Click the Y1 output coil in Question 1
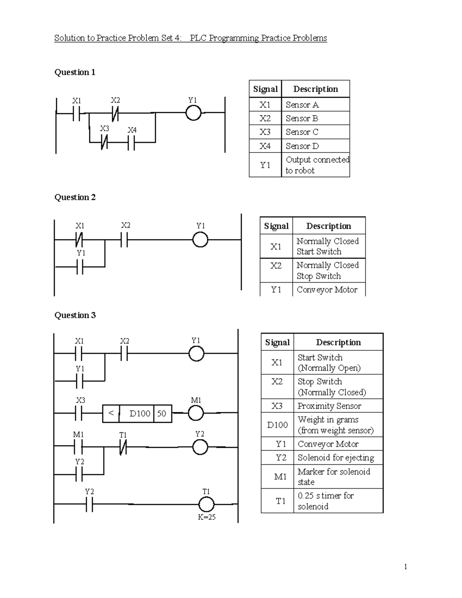click(193, 113)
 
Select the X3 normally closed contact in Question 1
click(104, 143)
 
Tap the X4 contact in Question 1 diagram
click(131, 143)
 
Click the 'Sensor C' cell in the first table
click(302, 132)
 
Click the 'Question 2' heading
click(75, 197)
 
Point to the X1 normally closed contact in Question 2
click(79, 240)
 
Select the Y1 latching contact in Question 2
click(80, 266)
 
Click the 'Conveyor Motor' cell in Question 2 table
click(327, 290)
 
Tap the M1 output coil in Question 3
click(196, 413)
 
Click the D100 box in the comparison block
click(139, 414)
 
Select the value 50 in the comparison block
click(162, 414)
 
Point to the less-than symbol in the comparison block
click(111, 413)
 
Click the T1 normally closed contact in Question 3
click(123, 447)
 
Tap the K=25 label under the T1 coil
click(207, 517)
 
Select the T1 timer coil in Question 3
click(206, 504)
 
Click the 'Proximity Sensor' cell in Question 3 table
click(329, 406)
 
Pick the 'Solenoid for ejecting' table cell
click(335, 457)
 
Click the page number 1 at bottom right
click(405, 566)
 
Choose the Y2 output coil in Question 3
click(200, 447)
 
